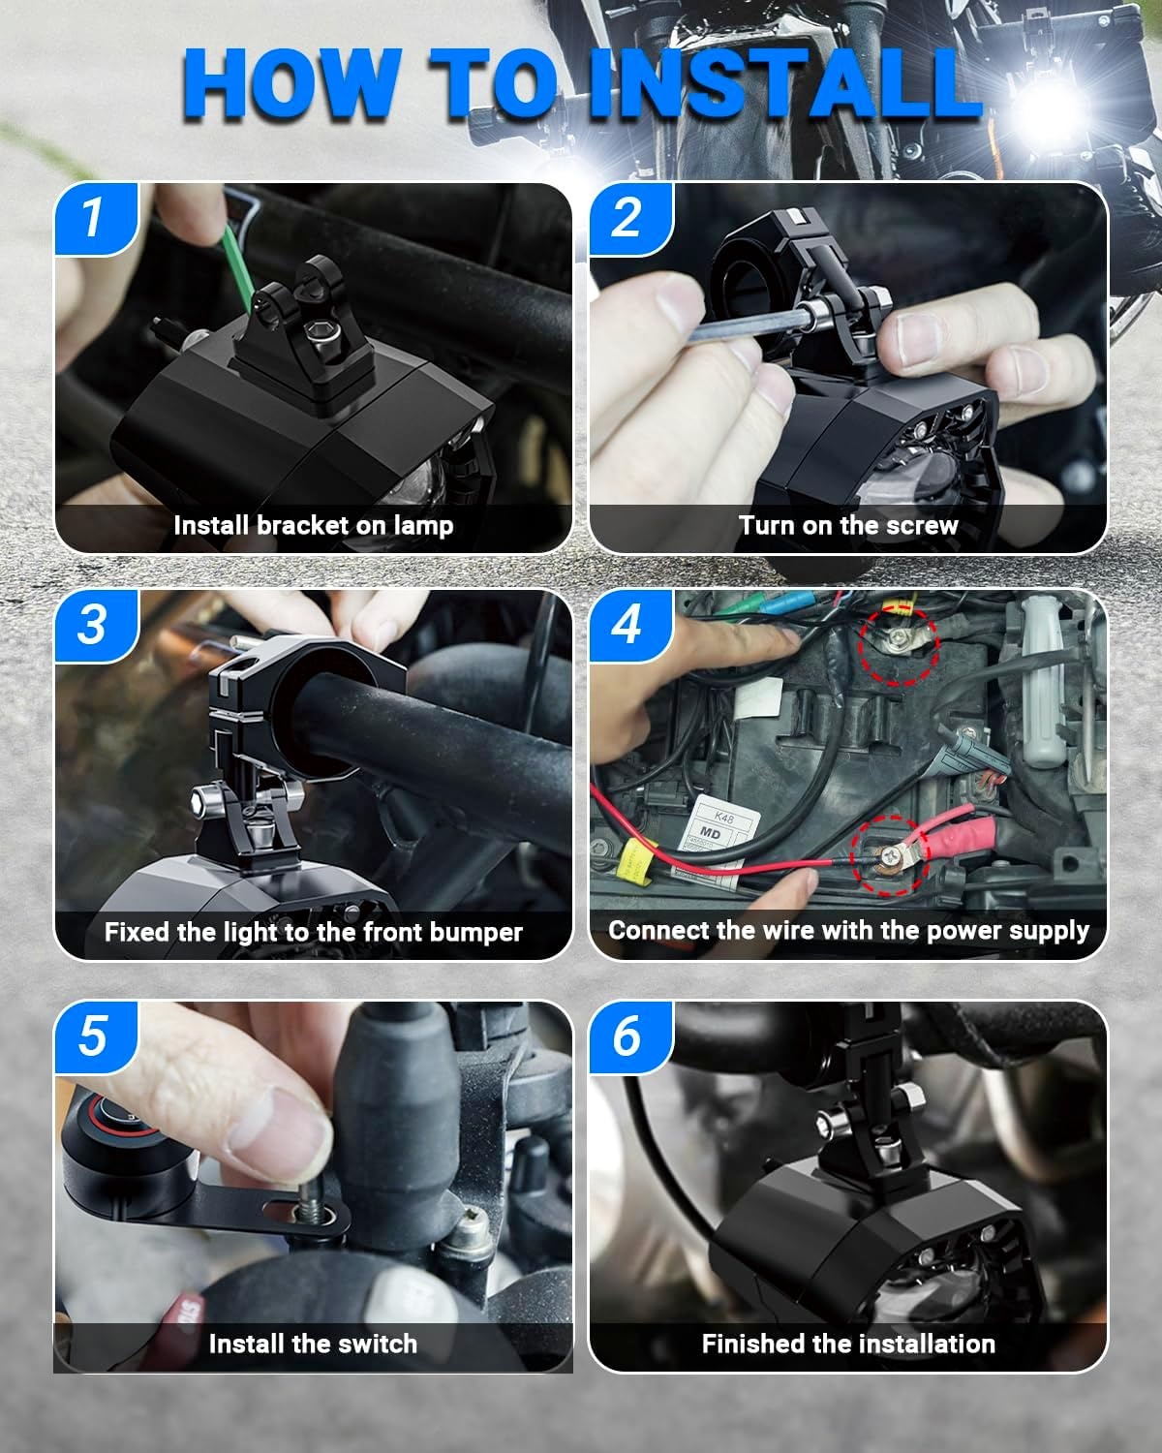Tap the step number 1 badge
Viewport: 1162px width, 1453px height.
click(x=96, y=218)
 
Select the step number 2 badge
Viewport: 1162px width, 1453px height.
click(x=630, y=218)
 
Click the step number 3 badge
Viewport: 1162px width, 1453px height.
click(x=96, y=625)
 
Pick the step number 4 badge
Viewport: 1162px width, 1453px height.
click(x=630, y=625)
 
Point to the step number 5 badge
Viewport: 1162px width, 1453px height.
click(x=96, y=1036)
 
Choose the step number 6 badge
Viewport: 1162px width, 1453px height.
click(x=630, y=1036)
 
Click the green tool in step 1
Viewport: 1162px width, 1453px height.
click(x=238, y=267)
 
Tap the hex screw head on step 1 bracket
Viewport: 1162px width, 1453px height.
click(x=319, y=333)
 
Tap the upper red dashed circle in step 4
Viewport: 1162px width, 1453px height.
click(x=899, y=645)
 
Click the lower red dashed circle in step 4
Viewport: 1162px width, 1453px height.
click(x=890, y=856)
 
